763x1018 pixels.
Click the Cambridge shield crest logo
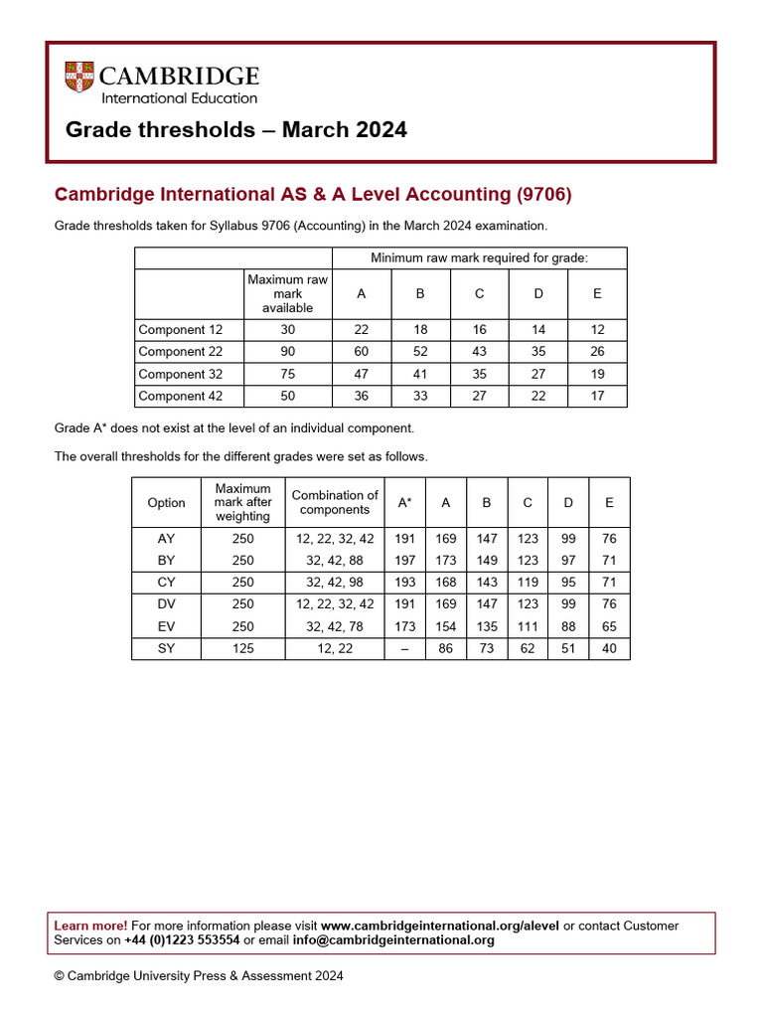click(78, 78)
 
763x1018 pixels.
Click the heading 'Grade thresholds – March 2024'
click(235, 130)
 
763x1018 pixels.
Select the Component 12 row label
click(180, 330)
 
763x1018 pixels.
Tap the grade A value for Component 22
click(361, 352)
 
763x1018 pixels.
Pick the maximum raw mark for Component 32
click(287, 374)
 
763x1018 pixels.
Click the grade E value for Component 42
click(597, 396)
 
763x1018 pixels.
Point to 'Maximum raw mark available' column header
click(287, 294)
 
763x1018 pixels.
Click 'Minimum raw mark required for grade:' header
click(479, 258)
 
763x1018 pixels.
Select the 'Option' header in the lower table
click(166, 503)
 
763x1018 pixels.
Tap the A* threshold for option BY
click(404, 561)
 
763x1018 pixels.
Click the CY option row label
click(166, 583)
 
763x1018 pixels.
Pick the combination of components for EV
click(335, 626)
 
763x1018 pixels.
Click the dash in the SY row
click(404, 648)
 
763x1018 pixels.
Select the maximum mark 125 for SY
click(242, 648)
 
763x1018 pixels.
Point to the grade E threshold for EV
click(609, 626)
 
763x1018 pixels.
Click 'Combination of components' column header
click(335, 503)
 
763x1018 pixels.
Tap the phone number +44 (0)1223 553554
click(182, 940)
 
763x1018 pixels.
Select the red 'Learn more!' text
click(90, 926)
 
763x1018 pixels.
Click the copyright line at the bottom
click(199, 976)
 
